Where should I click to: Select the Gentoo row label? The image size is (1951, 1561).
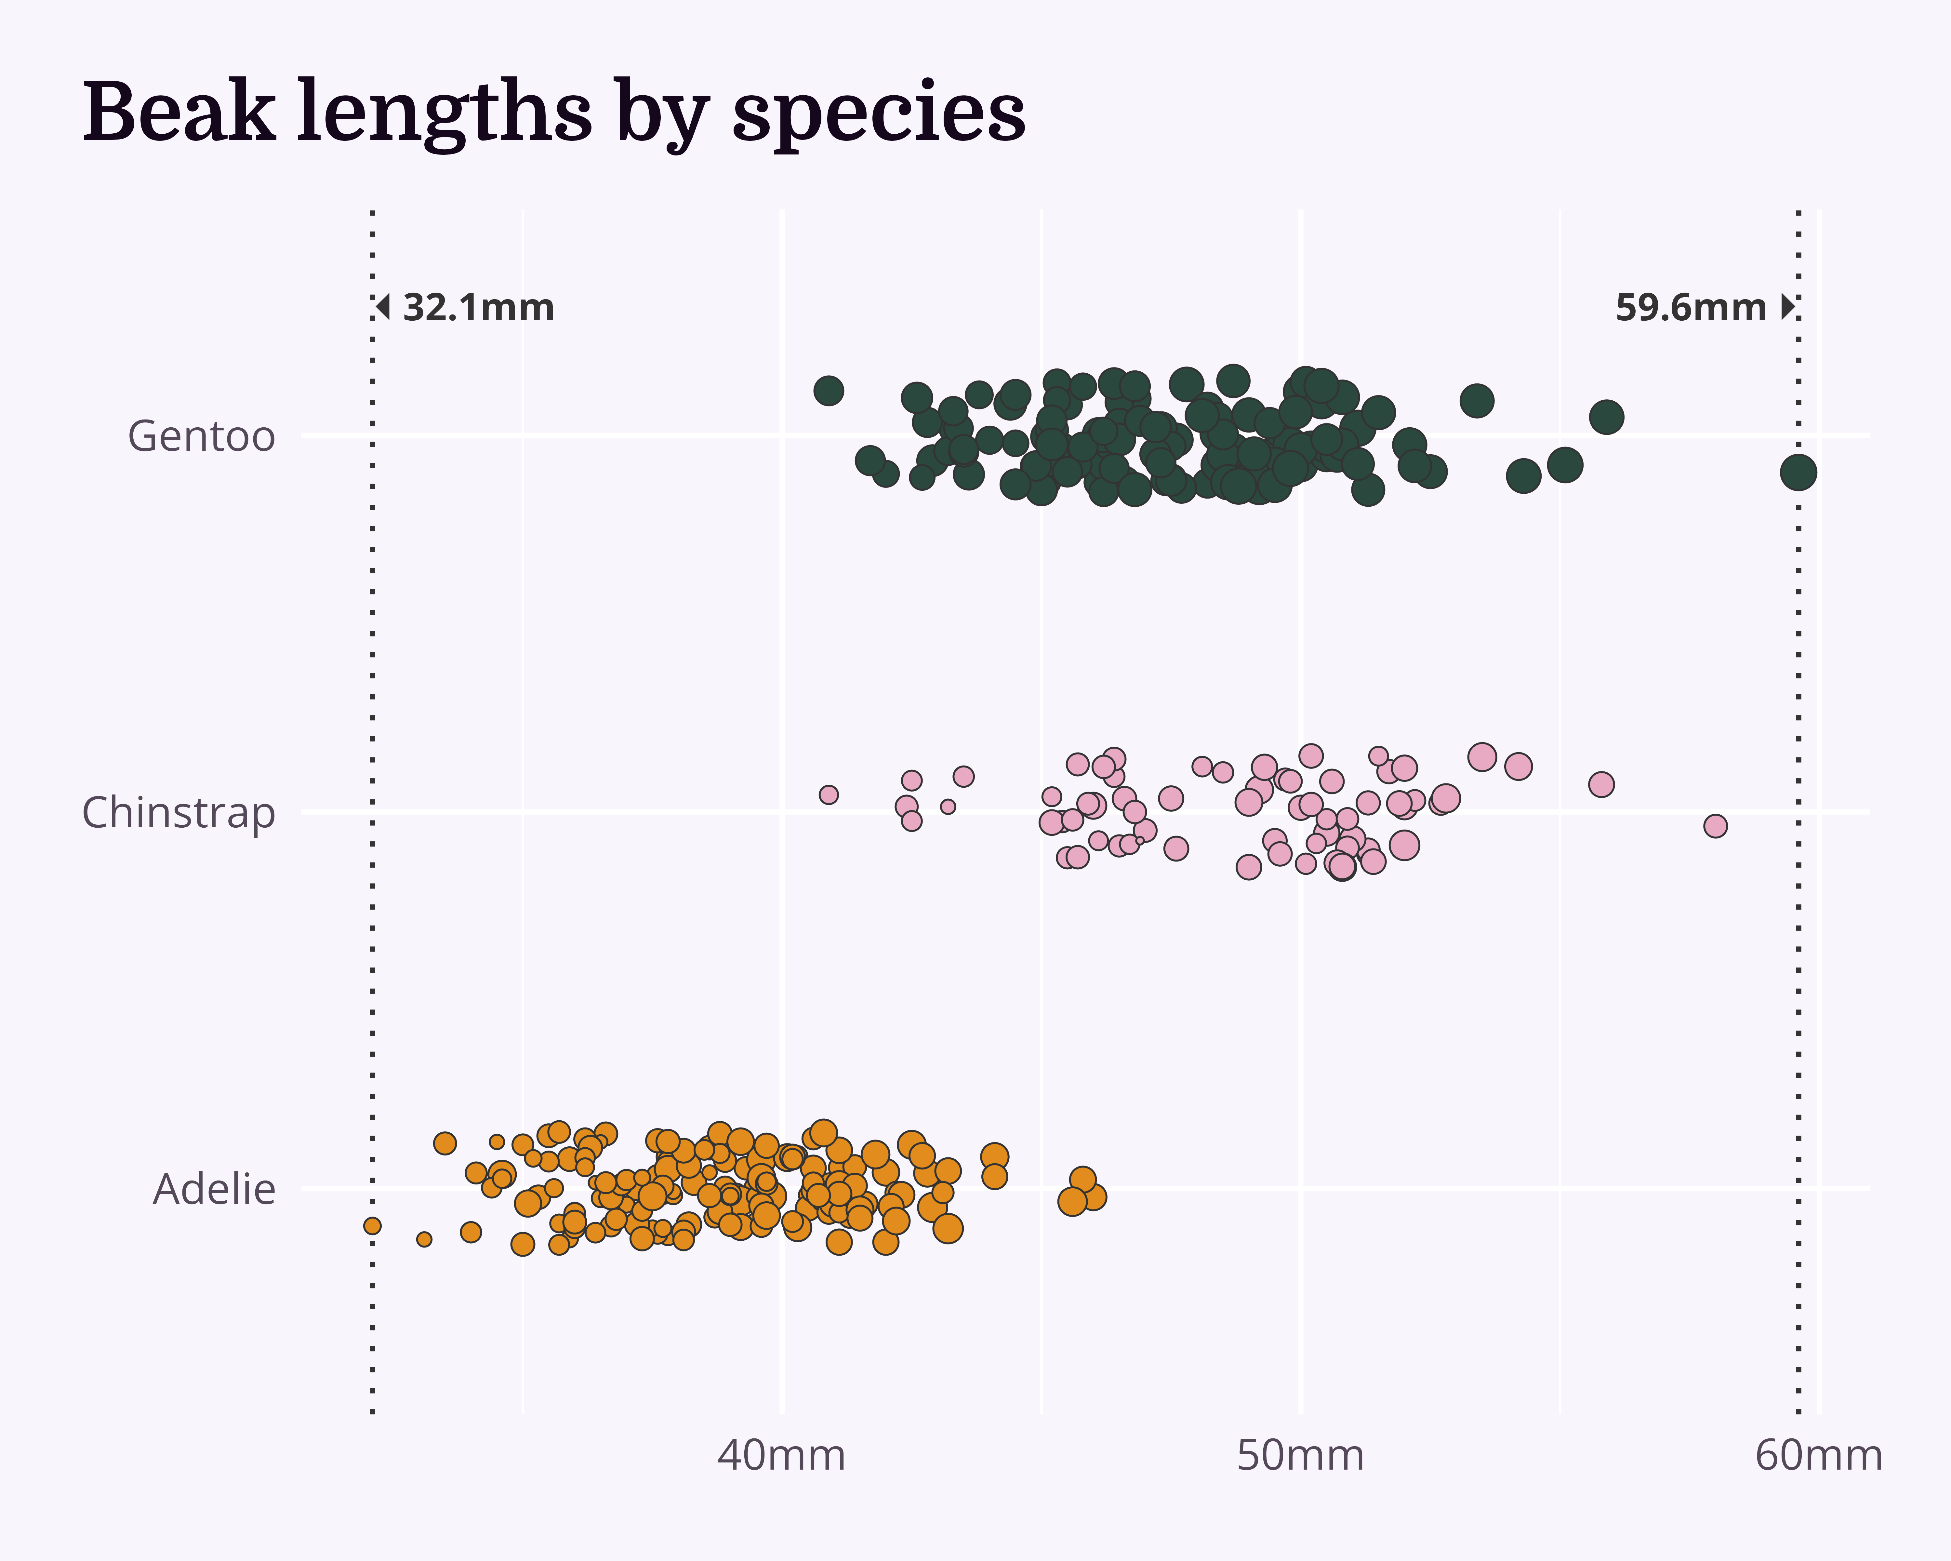click(x=201, y=436)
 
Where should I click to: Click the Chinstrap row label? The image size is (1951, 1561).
click(x=178, y=813)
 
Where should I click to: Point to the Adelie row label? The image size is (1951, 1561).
click(x=214, y=1189)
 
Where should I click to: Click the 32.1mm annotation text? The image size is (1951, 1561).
click(x=478, y=308)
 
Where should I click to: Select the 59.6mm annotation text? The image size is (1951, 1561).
click(x=1691, y=308)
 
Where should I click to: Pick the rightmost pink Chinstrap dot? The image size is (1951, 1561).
click(x=1715, y=825)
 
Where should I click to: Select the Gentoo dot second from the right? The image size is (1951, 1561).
click(x=1606, y=417)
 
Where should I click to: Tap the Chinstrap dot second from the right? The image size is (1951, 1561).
click(x=1601, y=784)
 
